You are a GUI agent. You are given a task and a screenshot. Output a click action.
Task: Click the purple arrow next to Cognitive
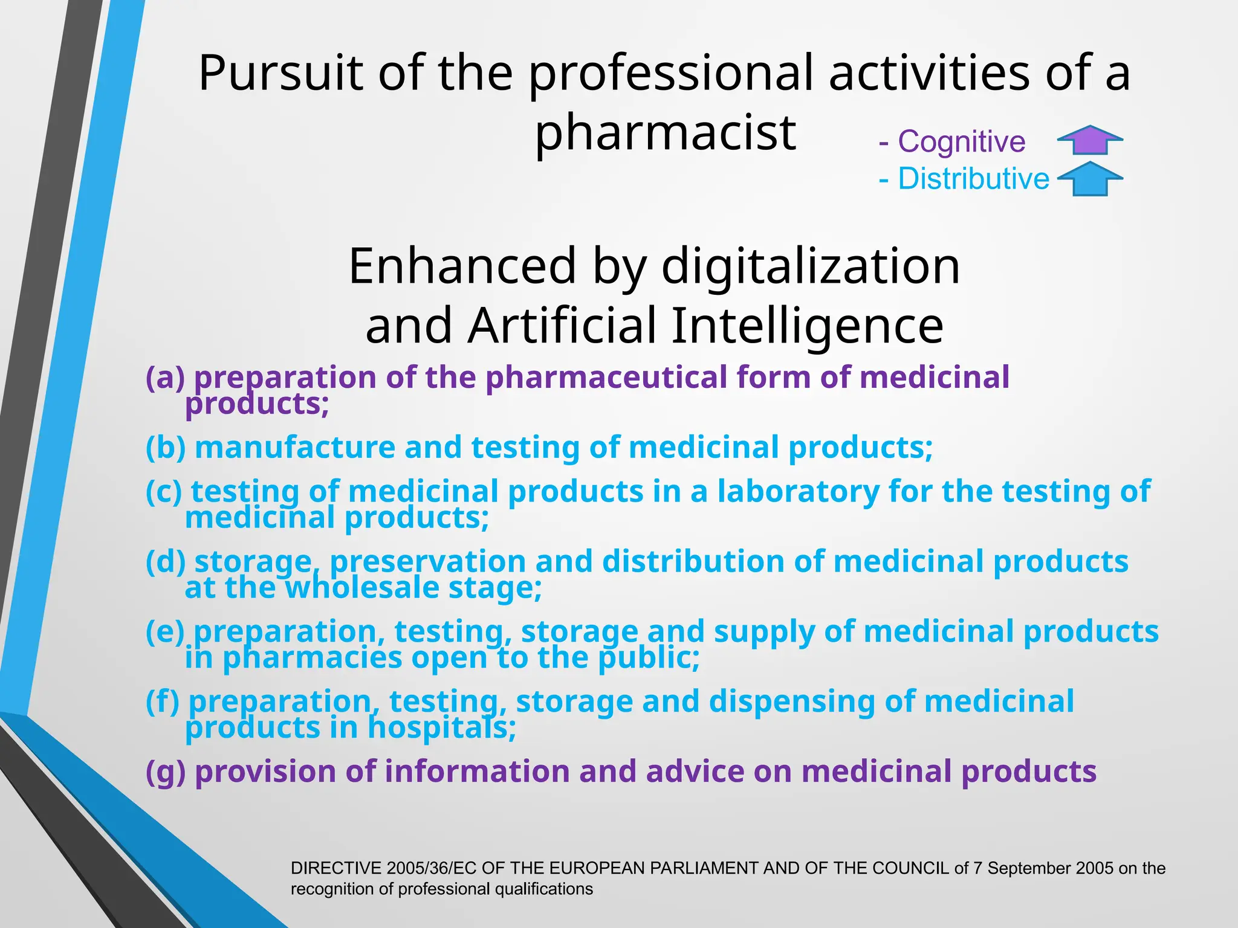tap(1090, 140)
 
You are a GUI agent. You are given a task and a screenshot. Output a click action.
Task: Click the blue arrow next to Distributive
tap(1090, 179)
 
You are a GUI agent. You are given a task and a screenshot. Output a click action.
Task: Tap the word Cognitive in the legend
tap(961, 142)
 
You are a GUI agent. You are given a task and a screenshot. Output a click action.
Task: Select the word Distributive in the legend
tap(973, 179)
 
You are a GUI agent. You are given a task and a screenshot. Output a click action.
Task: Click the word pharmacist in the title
tap(666, 133)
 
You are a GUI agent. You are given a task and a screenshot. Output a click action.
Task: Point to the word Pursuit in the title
tap(280, 73)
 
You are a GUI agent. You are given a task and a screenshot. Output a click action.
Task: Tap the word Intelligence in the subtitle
tap(807, 326)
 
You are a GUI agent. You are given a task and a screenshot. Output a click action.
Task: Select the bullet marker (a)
tap(164, 378)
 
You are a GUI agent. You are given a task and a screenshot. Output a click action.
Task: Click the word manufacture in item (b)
tap(295, 448)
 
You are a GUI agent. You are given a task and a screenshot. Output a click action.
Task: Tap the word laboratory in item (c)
tap(798, 491)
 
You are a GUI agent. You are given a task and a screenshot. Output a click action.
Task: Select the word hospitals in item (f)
tap(441, 727)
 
